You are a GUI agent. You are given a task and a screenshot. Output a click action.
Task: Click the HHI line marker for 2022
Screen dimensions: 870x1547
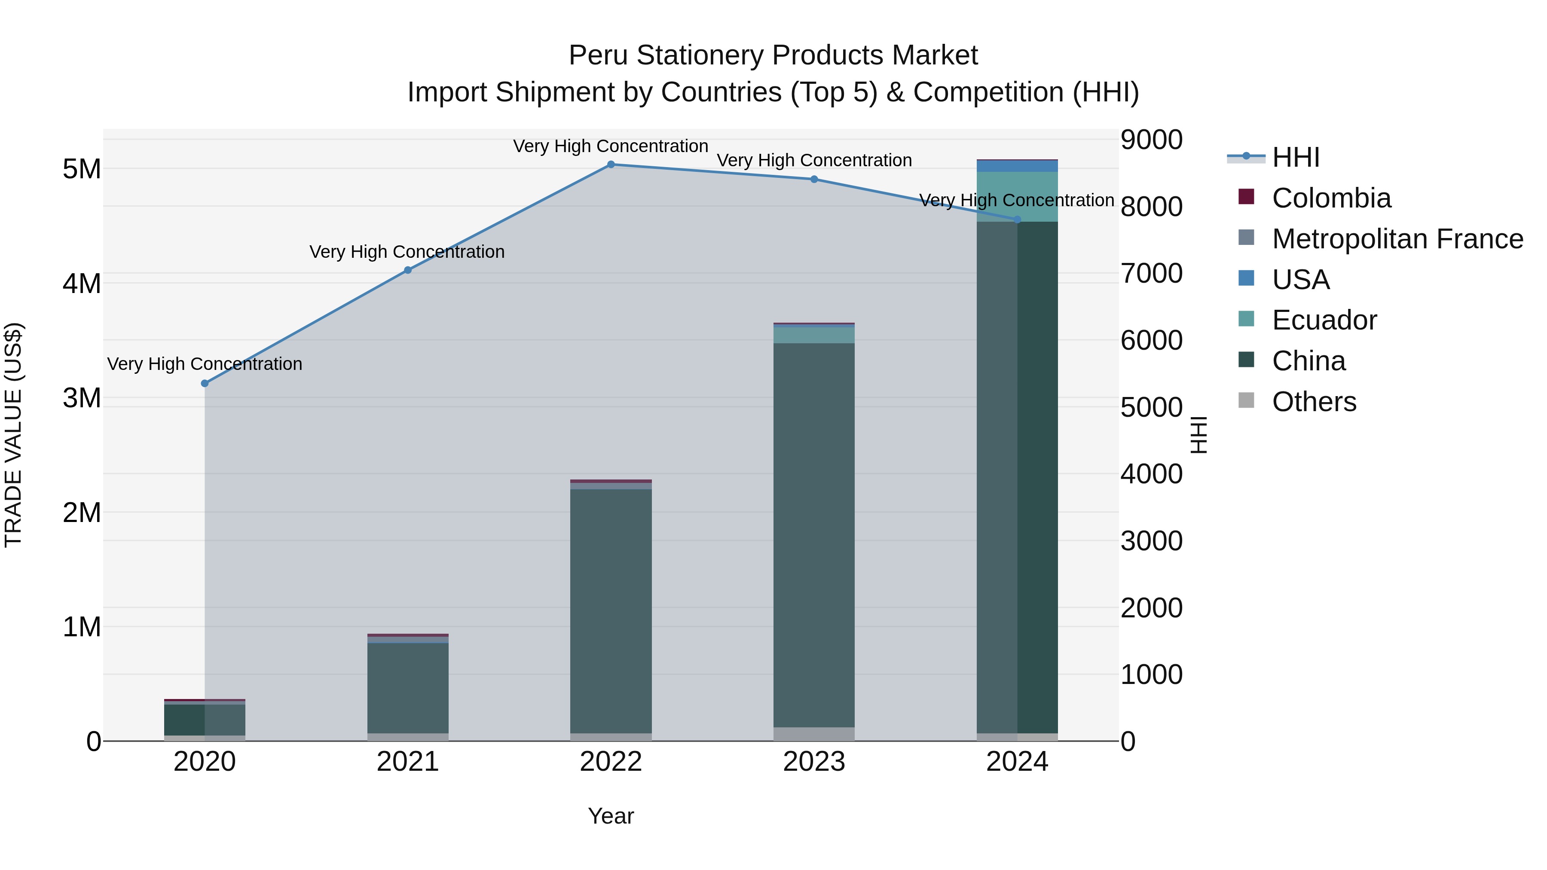click(611, 165)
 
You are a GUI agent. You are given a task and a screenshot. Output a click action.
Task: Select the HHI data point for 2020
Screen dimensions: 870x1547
click(205, 383)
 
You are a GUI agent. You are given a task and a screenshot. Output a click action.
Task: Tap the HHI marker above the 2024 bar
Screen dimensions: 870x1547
click(1017, 220)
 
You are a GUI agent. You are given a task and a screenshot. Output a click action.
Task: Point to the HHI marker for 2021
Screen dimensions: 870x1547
click(408, 270)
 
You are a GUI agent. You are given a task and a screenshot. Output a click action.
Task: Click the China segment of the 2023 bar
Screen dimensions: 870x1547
click(814, 534)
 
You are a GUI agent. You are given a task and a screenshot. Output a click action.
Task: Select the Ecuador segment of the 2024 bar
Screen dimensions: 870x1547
click(1017, 196)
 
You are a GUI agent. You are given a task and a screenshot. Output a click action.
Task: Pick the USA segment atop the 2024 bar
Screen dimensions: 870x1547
click(1017, 166)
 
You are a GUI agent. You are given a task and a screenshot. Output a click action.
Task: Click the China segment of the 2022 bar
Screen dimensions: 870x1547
click(611, 609)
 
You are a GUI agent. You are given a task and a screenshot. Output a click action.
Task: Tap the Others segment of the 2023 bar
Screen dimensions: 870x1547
click(814, 734)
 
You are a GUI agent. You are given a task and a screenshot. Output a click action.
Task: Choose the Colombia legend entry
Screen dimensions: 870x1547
click(1331, 198)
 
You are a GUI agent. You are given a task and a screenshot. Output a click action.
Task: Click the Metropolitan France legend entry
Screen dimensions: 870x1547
click(1397, 239)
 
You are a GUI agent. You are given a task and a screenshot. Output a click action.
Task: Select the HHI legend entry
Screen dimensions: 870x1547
click(1295, 157)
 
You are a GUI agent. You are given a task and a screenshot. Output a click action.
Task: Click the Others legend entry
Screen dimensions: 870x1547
click(1313, 402)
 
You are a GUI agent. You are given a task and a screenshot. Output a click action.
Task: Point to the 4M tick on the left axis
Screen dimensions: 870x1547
click(82, 284)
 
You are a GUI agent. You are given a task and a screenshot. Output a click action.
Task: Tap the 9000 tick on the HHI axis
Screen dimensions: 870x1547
click(1151, 140)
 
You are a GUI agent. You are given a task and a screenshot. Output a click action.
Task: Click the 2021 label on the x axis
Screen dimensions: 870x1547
click(408, 762)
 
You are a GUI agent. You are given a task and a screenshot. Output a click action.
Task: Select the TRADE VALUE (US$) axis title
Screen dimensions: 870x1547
click(13, 435)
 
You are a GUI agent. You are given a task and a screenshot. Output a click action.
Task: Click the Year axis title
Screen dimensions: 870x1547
click(611, 816)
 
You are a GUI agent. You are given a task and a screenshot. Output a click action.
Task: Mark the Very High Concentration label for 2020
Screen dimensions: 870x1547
click(205, 364)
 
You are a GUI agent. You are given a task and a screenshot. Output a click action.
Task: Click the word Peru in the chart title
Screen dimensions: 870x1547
click(598, 55)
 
